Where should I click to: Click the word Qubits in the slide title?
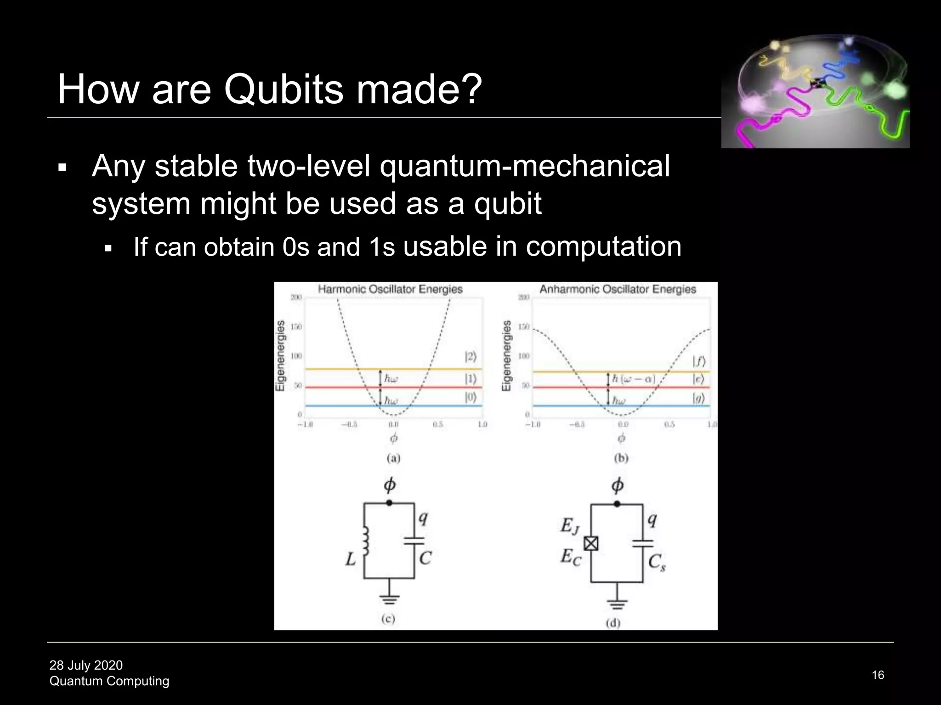pyautogui.click(x=284, y=89)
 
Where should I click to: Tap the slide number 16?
pyautogui.click(x=878, y=675)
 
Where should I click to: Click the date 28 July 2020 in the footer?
pyautogui.click(x=86, y=665)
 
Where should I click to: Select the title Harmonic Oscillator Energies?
pyautogui.click(x=390, y=289)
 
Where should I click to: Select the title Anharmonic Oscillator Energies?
pyautogui.click(x=618, y=289)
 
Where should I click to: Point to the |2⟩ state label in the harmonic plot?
pyautogui.click(x=470, y=357)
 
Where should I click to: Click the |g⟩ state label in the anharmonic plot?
pyautogui.click(x=698, y=398)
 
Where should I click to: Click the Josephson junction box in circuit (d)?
pyautogui.click(x=591, y=544)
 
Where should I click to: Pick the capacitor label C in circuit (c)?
pyautogui.click(x=425, y=558)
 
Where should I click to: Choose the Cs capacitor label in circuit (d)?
pyautogui.click(x=657, y=562)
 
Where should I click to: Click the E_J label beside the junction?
pyautogui.click(x=570, y=526)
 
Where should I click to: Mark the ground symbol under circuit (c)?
pyautogui.click(x=389, y=599)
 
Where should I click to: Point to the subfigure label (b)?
pyautogui.click(x=621, y=458)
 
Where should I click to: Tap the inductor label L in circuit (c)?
pyautogui.click(x=351, y=559)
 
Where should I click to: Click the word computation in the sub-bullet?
pyautogui.click(x=603, y=247)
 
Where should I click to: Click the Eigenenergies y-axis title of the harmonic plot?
pyautogui.click(x=280, y=356)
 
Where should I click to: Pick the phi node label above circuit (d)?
pyautogui.click(x=618, y=485)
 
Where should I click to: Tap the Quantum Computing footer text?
pyautogui.click(x=109, y=681)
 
